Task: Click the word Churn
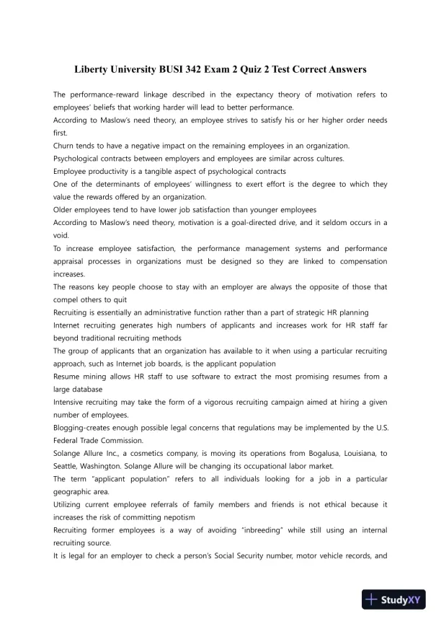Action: (66, 145)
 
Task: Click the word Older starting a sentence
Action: (66, 209)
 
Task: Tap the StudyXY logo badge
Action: (392, 598)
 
